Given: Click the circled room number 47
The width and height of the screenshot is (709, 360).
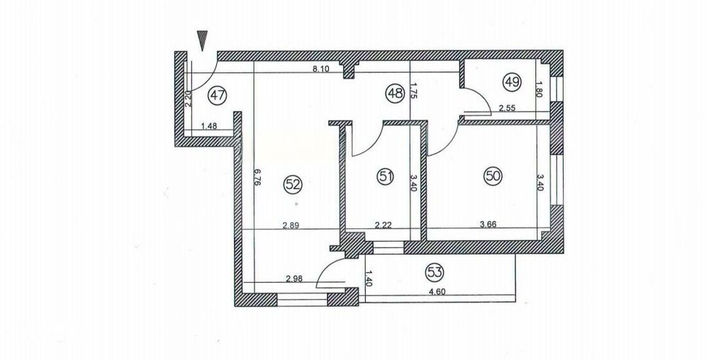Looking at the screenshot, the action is (x=217, y=95).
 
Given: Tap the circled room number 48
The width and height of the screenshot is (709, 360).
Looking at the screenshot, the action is (x=395, y=94).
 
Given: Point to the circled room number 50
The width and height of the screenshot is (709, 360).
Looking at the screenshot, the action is (x=493, y=176).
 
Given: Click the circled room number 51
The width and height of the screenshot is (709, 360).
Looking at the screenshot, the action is (x=385, y=176).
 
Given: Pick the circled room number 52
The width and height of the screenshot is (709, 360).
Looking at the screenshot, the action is (x=292, y=184).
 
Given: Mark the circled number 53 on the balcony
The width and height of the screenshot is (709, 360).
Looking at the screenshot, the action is (x=435, y=272).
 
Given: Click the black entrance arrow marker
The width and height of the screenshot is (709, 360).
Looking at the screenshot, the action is (x=203, y=40).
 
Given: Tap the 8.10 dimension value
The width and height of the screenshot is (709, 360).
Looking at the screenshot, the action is (x=321, y=69).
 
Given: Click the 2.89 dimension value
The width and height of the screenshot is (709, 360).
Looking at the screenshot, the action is (x=291, y=224).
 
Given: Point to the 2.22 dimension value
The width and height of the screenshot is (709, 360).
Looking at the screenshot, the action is (x=384, y=224).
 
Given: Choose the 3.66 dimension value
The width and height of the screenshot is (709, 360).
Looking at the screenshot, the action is (x=488, y=224).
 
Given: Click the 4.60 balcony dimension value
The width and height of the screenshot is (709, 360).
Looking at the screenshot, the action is (x=437, y=291).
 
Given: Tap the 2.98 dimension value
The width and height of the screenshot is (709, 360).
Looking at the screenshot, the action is (x=294, y=279).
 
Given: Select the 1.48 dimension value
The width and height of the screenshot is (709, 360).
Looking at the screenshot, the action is (x=209, y=126).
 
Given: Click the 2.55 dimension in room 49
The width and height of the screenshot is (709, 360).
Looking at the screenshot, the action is (x=508, y=108).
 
